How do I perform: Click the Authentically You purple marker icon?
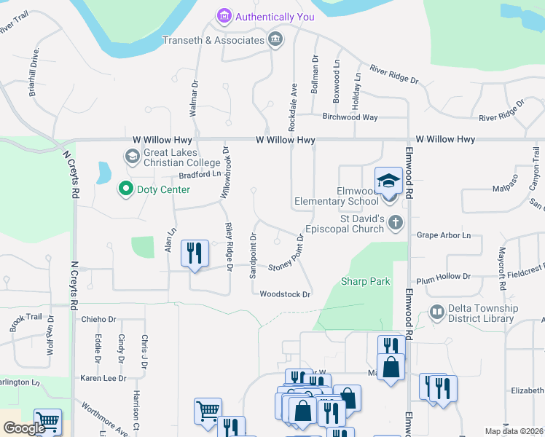click(x=224, y=16)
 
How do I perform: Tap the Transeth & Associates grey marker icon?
click(x=275, y=40)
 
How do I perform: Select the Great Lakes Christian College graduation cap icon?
click(x=132, y=156)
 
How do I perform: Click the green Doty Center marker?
click(x=125, y=189)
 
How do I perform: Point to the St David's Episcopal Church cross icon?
click(x=396, y=223)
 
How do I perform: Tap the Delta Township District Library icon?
click(x=436, y=312)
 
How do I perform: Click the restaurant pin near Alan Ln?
click(x=194, y=254)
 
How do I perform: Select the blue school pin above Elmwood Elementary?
click(x=389, y=181)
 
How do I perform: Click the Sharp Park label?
click(x=365, y=281)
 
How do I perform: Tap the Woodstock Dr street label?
click(x=286, y=294)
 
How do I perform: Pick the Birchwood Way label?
click(x=350, y=117)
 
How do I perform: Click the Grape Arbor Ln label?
click(x=444, y=235)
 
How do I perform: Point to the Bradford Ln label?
click(x=200, y=175)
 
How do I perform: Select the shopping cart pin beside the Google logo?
click(x=48, y=421)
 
